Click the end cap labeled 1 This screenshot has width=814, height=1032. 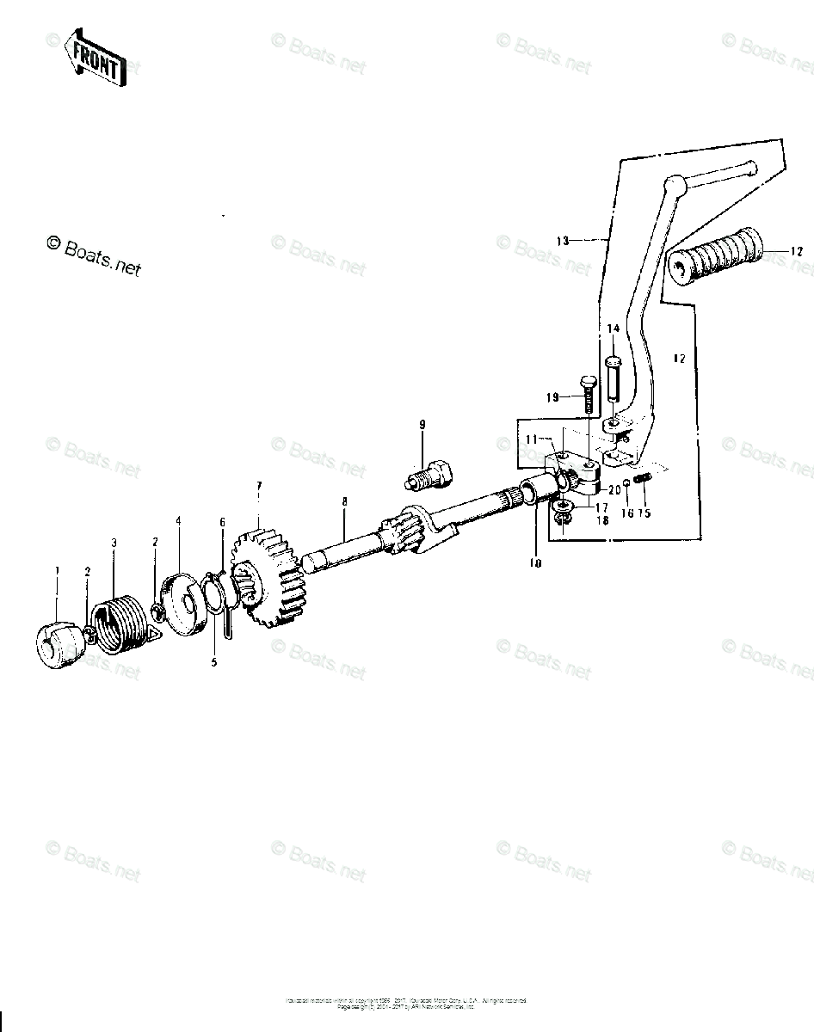(59, 646)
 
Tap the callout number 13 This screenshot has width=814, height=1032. (563, 242)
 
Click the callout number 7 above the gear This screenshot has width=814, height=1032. (259, 486)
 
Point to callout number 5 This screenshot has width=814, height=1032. (214, 662)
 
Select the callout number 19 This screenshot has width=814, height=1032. (552, 397)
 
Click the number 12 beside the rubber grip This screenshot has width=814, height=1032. (796, 252)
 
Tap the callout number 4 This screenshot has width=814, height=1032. (177, 521)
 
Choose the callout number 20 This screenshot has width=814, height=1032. (614, 490)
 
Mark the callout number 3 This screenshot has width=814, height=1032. (113, 543)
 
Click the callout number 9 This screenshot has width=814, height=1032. (422, 425)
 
